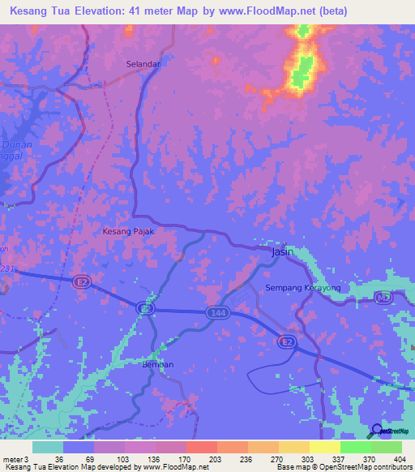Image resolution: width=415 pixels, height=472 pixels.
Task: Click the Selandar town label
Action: (x=143, y=63)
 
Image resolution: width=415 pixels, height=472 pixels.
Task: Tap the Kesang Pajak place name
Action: (x=127, y=231)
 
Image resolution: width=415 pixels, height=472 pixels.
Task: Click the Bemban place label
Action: (x=158, y=364)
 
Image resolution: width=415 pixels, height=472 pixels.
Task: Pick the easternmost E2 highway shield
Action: (x=287, y=343)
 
